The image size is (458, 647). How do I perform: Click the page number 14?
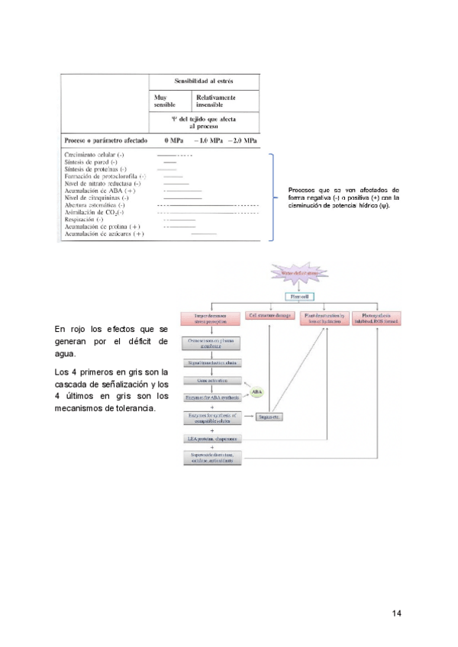(396, 613)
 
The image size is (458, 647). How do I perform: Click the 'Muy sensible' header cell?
(165, 101)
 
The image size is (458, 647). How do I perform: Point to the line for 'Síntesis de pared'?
(170, 163)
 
